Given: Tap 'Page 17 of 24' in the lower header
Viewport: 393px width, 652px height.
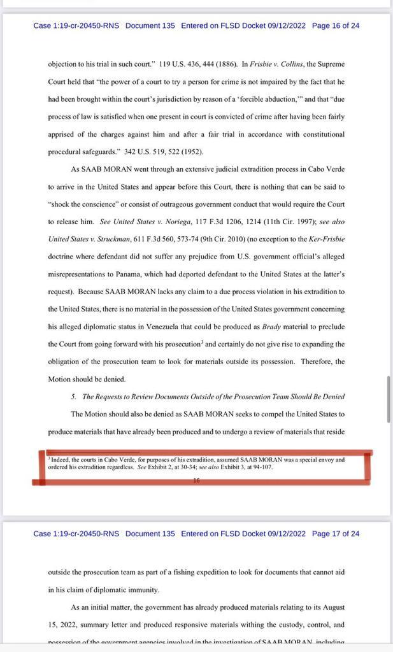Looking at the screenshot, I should (336, 534).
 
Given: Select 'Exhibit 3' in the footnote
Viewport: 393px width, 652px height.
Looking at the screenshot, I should (234, 466).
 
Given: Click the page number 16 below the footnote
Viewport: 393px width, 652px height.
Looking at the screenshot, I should (196, 481).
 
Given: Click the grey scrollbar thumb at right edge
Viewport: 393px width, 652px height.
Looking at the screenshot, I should (389, 399).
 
